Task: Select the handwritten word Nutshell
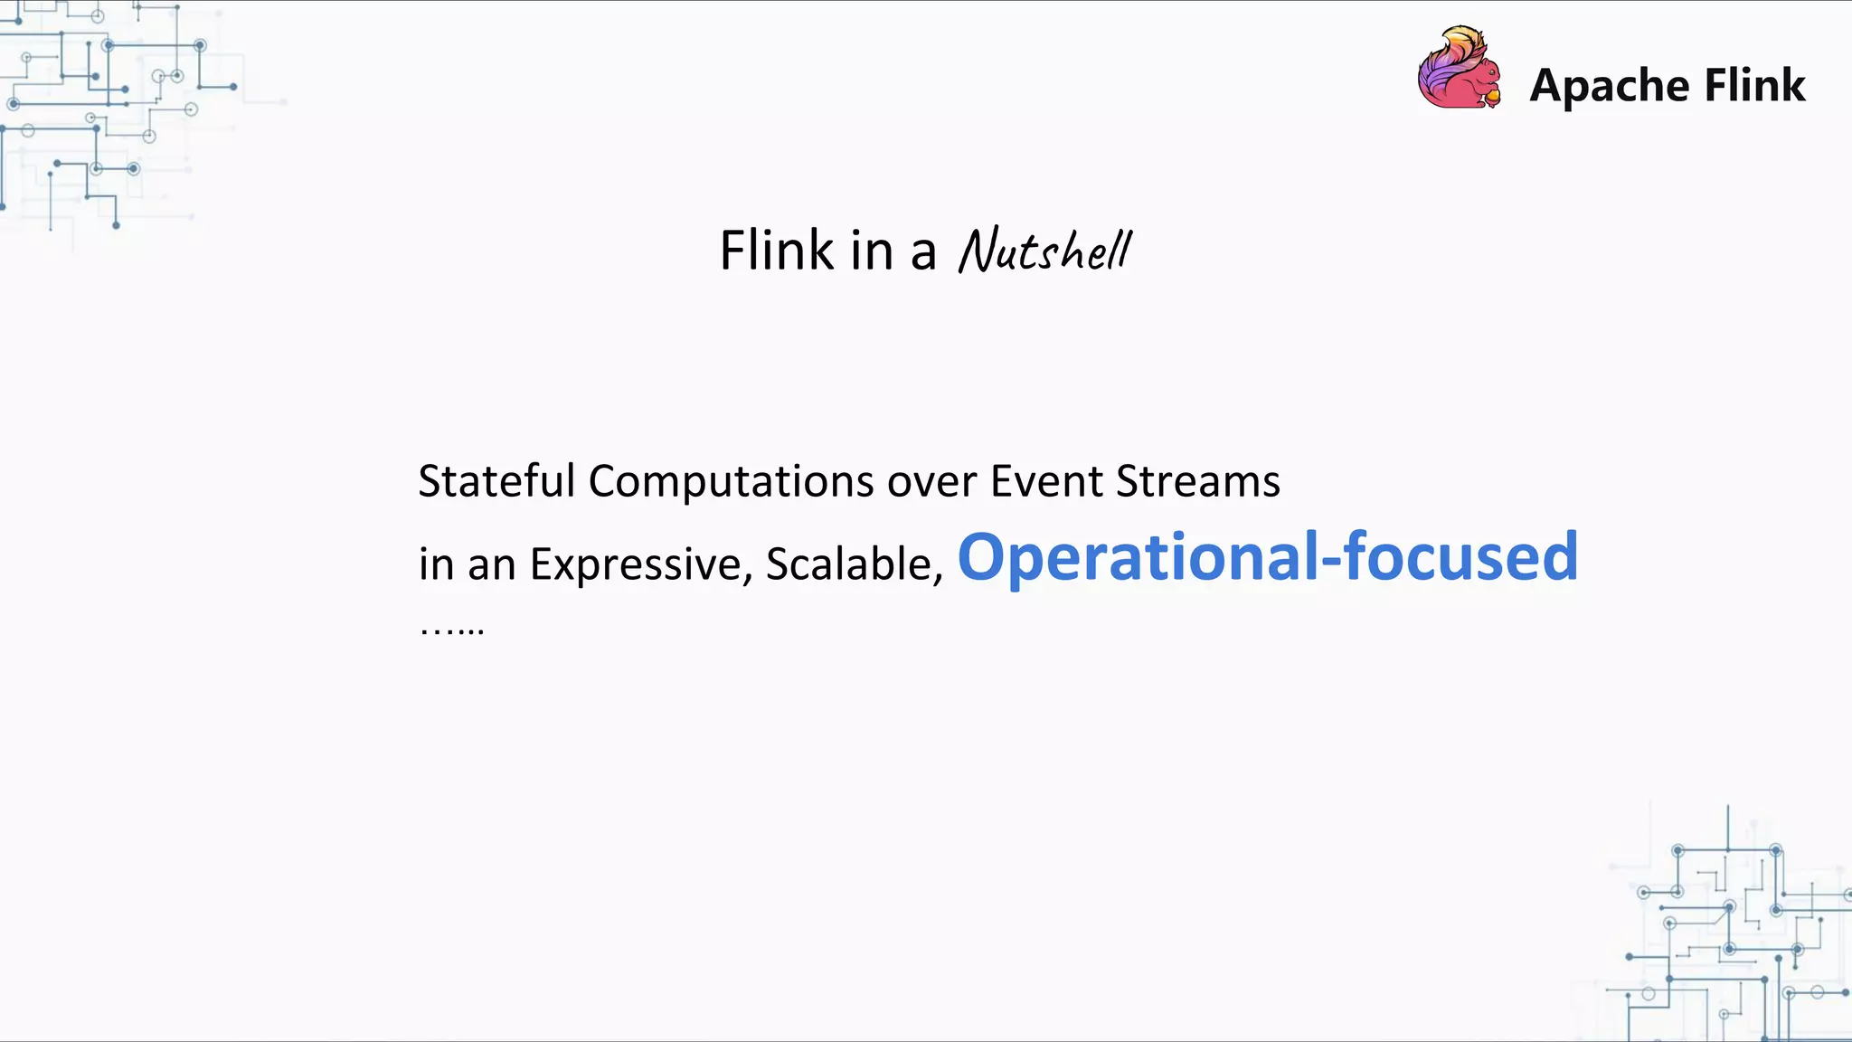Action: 1044,251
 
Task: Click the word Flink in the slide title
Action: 776,251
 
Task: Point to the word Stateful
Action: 496,481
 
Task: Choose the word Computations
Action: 731,481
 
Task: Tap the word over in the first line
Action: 931,482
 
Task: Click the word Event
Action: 1046,481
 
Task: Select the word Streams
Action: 1197,481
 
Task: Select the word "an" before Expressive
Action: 491,565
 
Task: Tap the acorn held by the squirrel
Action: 1492,96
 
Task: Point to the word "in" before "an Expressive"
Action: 435,564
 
